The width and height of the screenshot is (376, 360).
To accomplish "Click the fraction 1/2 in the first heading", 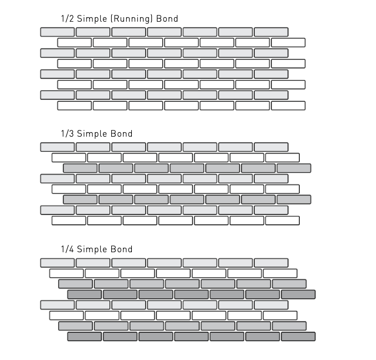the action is point(67,18).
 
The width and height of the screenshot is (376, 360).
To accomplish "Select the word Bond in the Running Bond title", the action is point(167,18).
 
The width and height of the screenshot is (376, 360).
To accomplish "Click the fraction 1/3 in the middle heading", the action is point(67,133).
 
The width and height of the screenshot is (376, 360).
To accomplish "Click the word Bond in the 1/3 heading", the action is point(122,133).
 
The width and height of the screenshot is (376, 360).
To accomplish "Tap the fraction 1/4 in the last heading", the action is point(67,249).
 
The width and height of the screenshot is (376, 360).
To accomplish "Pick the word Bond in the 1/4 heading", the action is point(122,249).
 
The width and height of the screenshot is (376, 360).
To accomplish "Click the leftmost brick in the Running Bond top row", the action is point(57,32).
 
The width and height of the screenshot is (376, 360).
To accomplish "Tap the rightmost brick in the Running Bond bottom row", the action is point(288,106).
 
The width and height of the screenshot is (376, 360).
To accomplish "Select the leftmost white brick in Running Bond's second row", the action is point(75,43).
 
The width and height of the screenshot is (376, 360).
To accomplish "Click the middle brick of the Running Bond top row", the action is point(164,32).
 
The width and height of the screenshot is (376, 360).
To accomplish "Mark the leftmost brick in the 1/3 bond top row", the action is point(57,147).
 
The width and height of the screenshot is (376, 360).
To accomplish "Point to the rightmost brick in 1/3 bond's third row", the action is point(294,168).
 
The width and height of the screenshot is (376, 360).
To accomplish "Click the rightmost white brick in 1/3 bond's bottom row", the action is point(283,221).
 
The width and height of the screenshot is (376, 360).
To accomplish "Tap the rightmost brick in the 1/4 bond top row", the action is point(271,263).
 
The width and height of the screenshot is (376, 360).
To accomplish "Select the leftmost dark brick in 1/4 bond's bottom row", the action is point(85,337).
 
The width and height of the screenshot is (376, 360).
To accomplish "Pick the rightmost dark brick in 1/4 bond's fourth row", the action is point(298,294).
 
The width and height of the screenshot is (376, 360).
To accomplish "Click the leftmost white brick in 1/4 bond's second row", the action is point(66,273).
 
